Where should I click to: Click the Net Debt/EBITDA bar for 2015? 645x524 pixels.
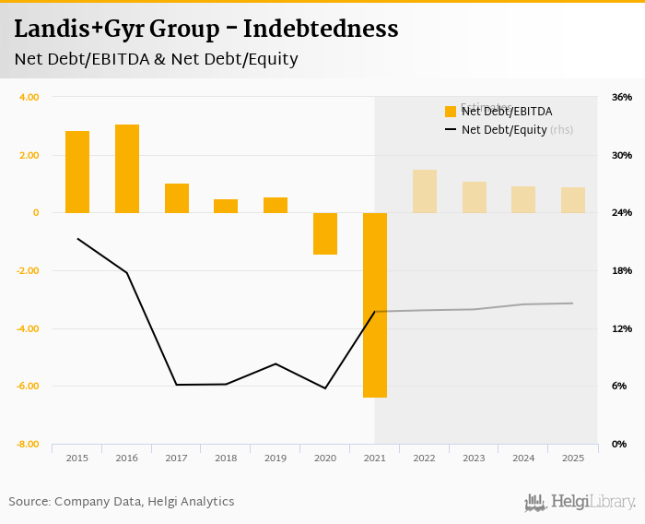77,173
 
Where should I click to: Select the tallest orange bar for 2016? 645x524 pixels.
127,169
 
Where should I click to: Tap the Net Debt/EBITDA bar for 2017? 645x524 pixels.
177,198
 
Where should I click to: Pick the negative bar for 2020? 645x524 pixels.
325,233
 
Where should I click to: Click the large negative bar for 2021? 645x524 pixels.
375,304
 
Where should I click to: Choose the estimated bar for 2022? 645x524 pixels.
425,191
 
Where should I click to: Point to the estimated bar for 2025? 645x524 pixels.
573,200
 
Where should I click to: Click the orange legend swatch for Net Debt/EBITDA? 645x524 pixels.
451,112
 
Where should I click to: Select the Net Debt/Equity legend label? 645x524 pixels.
504,130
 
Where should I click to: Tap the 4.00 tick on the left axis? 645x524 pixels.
29,97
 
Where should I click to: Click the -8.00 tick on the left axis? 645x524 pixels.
28,445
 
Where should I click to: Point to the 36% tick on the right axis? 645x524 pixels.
621,97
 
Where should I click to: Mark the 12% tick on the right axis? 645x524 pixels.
621,328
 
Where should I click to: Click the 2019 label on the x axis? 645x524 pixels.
276,458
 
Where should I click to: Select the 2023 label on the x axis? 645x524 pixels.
474,458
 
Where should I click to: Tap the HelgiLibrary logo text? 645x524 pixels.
592,502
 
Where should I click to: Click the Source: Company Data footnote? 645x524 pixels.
122,502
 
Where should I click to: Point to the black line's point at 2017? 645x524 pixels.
177,385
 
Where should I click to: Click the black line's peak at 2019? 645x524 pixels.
276,363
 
